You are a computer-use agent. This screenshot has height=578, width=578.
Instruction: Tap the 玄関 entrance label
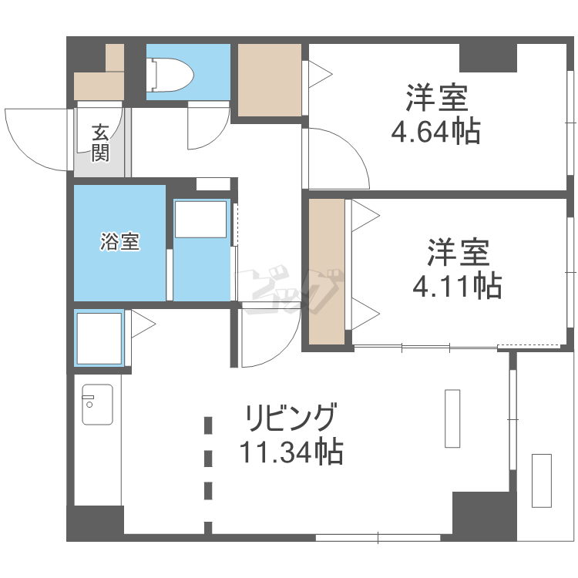click(101, 143)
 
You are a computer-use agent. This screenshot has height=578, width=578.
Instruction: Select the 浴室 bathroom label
click(119, 242)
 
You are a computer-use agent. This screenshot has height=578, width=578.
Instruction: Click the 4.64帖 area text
click(435, 133)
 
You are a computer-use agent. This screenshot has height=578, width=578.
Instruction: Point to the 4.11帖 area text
click(457, 286)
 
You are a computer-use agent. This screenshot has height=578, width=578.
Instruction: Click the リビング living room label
click(291, 418)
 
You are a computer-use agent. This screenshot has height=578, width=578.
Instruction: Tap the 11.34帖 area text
click(291, 452)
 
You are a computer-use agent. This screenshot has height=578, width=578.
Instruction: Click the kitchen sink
click(97, 404)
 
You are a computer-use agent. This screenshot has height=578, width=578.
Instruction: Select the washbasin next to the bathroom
click(200, 220)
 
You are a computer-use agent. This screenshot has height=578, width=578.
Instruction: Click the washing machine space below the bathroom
click(99, 338)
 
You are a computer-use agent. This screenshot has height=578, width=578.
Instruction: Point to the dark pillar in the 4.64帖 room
click(488, 58)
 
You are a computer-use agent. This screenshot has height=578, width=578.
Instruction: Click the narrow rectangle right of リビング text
click(452, 418)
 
